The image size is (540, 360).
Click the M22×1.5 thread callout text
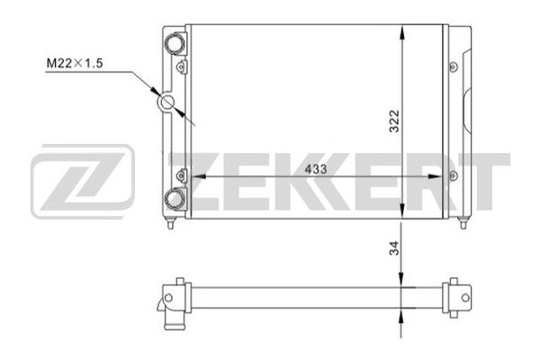[x=75, y=63]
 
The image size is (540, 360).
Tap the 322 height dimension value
[x=394, y=121]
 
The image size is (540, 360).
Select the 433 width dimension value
[x=316, y=169]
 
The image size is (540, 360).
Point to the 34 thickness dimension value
[x=394, y=247]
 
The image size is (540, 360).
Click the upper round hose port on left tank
[x=175, y=43]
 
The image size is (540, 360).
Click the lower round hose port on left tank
[x=175, y=199]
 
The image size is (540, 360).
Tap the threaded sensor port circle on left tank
[x=167, y=102]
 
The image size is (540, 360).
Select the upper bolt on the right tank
[x=454, y=67]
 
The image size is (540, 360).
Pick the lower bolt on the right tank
[x=454, y=176]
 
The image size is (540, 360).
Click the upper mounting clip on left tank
[x=181, y=67]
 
